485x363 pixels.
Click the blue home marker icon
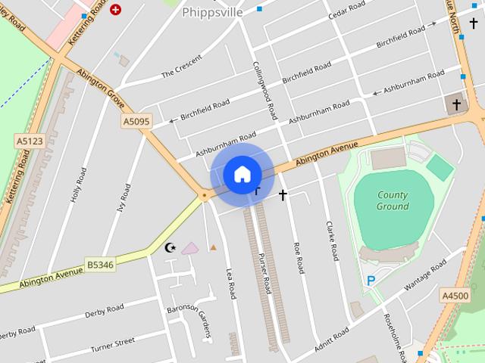point(242,175)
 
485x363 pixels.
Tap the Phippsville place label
point(212,12)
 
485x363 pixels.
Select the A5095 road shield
point(136,121)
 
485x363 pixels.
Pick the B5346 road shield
point(100,265)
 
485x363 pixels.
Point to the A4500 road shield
point(455,296)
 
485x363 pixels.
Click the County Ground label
point(393,200)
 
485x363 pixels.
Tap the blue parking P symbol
point(371,281)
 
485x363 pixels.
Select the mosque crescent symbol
point(171,247)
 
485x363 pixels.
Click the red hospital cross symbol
point(115,10)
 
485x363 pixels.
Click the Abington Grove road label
point(99,85)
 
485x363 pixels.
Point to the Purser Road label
point(264,273)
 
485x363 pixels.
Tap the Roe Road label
point(299,257)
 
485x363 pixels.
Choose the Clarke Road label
point(330,240)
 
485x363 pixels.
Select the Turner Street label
point(112,346)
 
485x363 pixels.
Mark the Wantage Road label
point(426,278)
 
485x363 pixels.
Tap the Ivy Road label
point(124,199)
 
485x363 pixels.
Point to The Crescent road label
point(182,67)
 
